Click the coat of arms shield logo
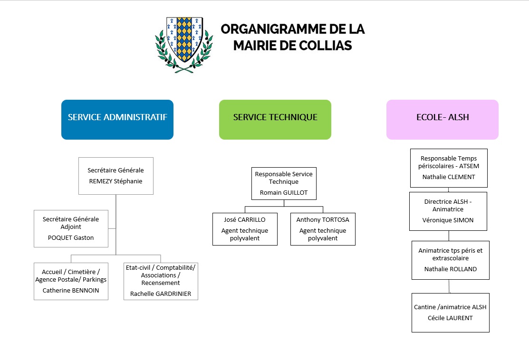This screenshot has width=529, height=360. pos(184,45)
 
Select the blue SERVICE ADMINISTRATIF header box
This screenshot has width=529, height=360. pos(117,120)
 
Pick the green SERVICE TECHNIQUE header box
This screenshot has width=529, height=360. pos(275,120)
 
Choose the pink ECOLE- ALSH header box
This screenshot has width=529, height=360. pos(442,120)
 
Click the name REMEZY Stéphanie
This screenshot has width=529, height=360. pos(115,181)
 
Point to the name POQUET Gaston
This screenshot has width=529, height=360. pos(71,237)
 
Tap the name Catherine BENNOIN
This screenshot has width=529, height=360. pos(71,291)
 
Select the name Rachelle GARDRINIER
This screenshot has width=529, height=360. pos(161,294)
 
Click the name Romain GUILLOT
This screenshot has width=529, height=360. pos(284,193)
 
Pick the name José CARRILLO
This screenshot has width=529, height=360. pos(245,220)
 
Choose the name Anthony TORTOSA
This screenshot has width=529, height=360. pos(323,220)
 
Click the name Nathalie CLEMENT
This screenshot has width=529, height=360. pos(449,177)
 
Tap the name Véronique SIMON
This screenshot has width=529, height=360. pos(448,220)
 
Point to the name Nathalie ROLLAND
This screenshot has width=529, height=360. pos(451,269)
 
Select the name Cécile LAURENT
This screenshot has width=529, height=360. pos(450,318)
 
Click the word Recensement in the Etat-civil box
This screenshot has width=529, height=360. pos(161,283)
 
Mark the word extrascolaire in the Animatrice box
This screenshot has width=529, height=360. pos(451,258)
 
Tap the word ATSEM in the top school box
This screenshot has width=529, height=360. pos(469,166)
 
